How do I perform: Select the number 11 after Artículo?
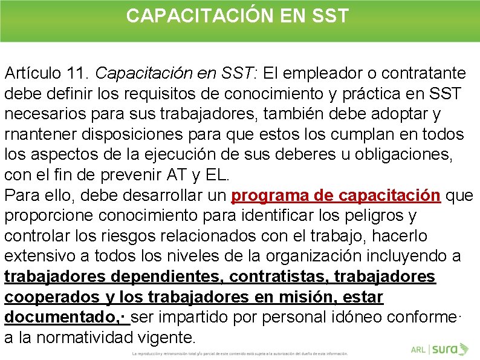(x=78, y=74)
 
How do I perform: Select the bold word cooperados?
(x=51, y=298)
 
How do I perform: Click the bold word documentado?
(x=63, y=318)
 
